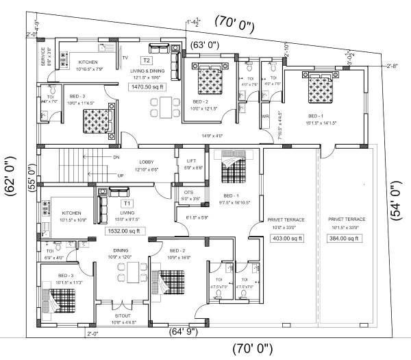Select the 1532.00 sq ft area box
coord(124,231)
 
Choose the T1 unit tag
coord(127,204)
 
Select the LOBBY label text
coord(147,162)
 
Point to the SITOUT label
coord(125,316)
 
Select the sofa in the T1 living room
coord(104,208)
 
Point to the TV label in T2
coord(125,57)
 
